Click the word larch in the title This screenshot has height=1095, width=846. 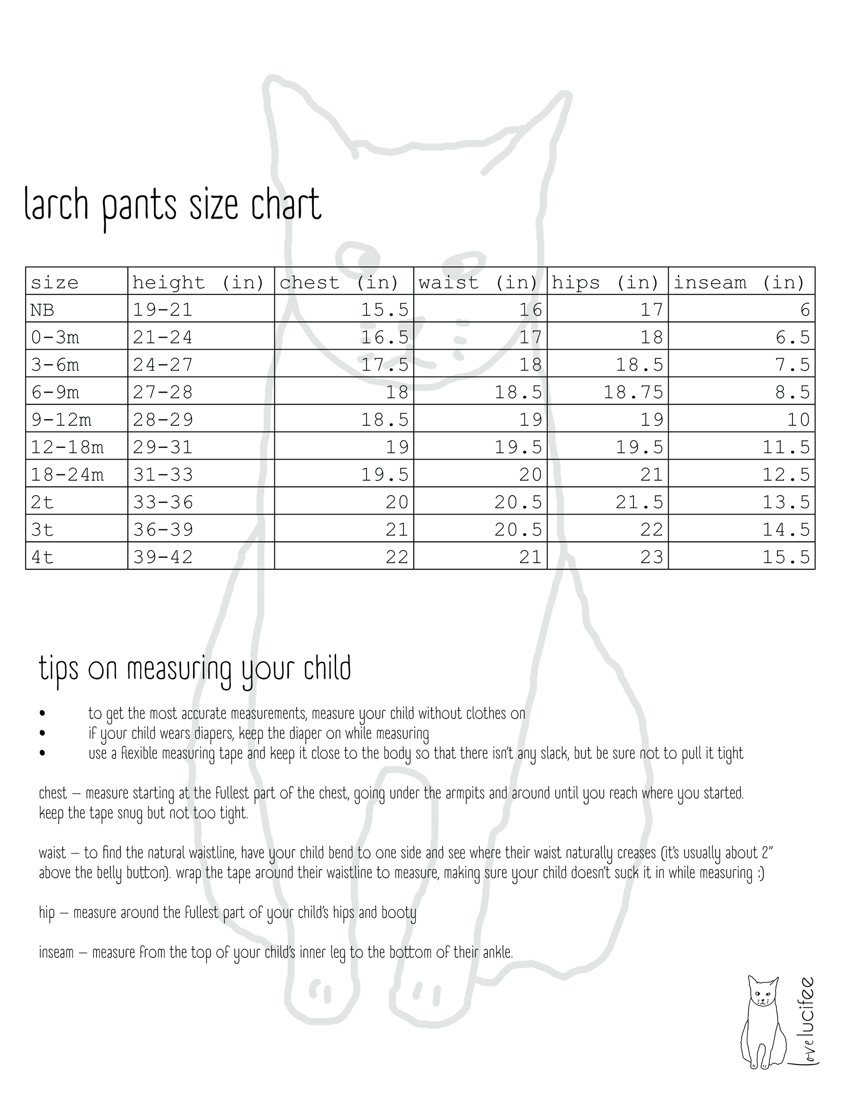coord(56,204)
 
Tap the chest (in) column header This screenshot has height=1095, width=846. coord(339,282)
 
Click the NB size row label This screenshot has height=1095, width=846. coord(42,310)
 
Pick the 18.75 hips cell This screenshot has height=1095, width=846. coord(633,392)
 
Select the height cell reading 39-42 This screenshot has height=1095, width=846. coord(163,557)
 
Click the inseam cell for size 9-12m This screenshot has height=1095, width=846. coord(798,420)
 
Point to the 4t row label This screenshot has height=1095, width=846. coord(42,557)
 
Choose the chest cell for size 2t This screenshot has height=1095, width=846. coord(397,502)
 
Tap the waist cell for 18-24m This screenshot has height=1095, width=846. coord(530,474)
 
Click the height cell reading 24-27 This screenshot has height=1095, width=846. coord(163,364)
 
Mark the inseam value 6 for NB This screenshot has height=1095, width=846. coord(804,310)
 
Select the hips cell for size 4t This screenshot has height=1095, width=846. coord(652,557)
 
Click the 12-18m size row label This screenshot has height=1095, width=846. coord(67,447)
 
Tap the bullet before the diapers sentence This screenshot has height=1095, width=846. coord(42,734)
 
